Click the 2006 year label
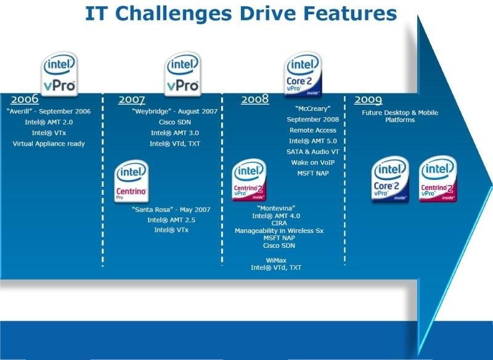click(x=25, y=99)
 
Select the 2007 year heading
click(x=131, y=100)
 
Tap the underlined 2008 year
click(x=255, y=99)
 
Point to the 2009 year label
click(x=368, y=100)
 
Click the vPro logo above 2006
click(x=59, y=73)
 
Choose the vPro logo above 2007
click(x=182, y=73)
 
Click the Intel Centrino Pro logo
click(x=131, y=181)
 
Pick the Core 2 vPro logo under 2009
click(x=390, y=179)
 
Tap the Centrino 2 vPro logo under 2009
click(x=438, y=179)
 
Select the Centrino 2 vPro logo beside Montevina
click(x=249, y=180)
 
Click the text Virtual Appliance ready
click(x=49, y=144)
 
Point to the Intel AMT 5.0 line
click(x=313, y=141)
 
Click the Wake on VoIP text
click(x=313, y=163)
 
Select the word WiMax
click(x=276, y=260)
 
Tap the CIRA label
click(x=279, y=223)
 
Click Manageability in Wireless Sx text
click(x=279, y=231)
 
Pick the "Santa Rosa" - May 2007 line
click(x=171, y=210)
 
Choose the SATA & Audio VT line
click(x=313, y=152)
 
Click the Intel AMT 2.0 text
click(x=49, y=122)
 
